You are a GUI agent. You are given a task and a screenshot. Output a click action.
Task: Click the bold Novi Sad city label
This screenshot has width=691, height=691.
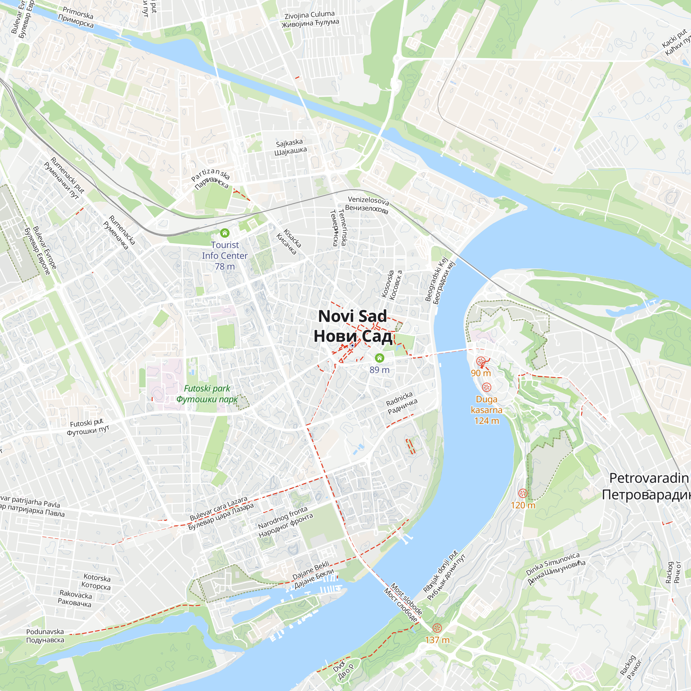coord(353,326)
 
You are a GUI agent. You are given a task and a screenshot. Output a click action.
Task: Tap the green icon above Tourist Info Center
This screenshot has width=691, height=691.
coord(225,233)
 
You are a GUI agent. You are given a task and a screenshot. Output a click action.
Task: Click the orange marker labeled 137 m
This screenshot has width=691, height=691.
coord(437,628)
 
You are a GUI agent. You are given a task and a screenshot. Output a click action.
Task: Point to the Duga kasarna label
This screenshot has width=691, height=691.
coord(486,410)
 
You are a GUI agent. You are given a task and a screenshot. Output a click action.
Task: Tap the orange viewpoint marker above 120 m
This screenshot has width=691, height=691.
coord(523,494)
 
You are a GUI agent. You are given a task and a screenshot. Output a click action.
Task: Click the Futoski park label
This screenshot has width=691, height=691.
coord(207,394)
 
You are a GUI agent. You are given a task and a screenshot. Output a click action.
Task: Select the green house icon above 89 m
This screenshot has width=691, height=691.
coord(379,358)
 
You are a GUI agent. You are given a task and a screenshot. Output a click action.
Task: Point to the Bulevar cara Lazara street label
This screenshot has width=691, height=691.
coord(221,513)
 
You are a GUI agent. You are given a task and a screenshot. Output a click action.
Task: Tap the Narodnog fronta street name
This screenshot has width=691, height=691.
coord(285,522)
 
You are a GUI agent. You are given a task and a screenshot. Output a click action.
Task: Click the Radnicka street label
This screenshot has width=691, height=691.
coord(401,403)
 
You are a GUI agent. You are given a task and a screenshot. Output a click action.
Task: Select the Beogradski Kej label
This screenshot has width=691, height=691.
coord(439,281)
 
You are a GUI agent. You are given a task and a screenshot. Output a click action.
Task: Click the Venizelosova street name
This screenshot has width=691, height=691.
coord(368,204)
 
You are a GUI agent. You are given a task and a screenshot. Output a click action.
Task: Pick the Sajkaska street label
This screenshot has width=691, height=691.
coord(290,147)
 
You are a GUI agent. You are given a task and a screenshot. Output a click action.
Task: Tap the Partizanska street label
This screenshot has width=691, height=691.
coord(211,179)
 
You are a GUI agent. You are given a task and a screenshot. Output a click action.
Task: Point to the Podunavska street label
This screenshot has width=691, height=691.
coord(45,636)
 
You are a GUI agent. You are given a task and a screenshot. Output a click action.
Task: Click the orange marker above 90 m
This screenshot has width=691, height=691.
coord(481,361)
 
